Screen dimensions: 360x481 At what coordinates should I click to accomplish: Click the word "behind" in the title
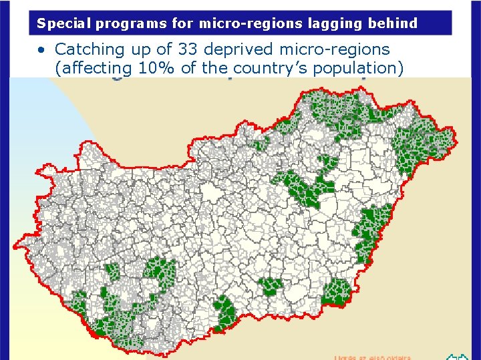pos(392,24)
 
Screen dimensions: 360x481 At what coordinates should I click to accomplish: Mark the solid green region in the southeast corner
pos(337,292)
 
